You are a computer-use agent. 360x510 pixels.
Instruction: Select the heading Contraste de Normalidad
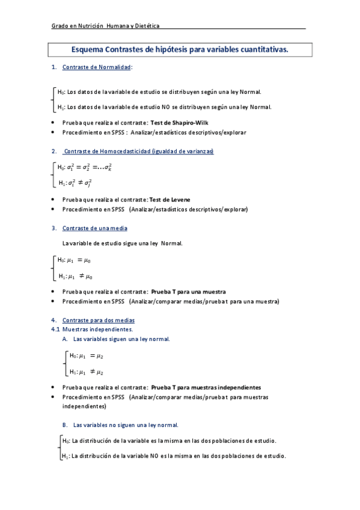(97, 67)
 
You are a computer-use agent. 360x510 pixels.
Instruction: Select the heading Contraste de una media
(94, 229)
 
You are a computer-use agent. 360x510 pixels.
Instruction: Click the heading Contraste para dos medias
(99, 320)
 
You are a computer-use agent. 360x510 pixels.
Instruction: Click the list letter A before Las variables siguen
(65, 339)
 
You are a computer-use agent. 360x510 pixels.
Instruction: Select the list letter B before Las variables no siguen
(65, 425)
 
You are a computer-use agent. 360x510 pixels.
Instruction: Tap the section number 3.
(54, 229)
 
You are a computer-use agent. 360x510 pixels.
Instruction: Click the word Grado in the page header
(59, 26)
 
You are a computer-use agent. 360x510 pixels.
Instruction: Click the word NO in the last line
(154, 456)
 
